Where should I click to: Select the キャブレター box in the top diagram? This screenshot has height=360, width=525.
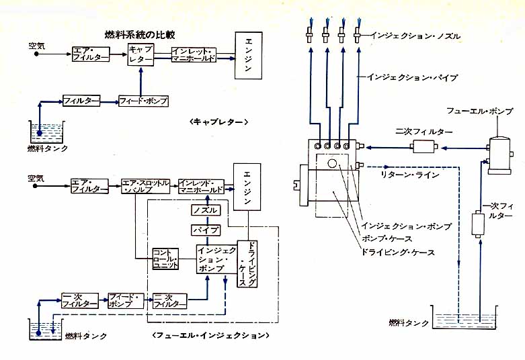coord(140,54)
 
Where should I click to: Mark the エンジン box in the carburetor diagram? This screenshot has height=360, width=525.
coord(249,54)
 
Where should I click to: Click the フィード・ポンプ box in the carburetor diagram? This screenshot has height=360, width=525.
coord(143,101)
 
